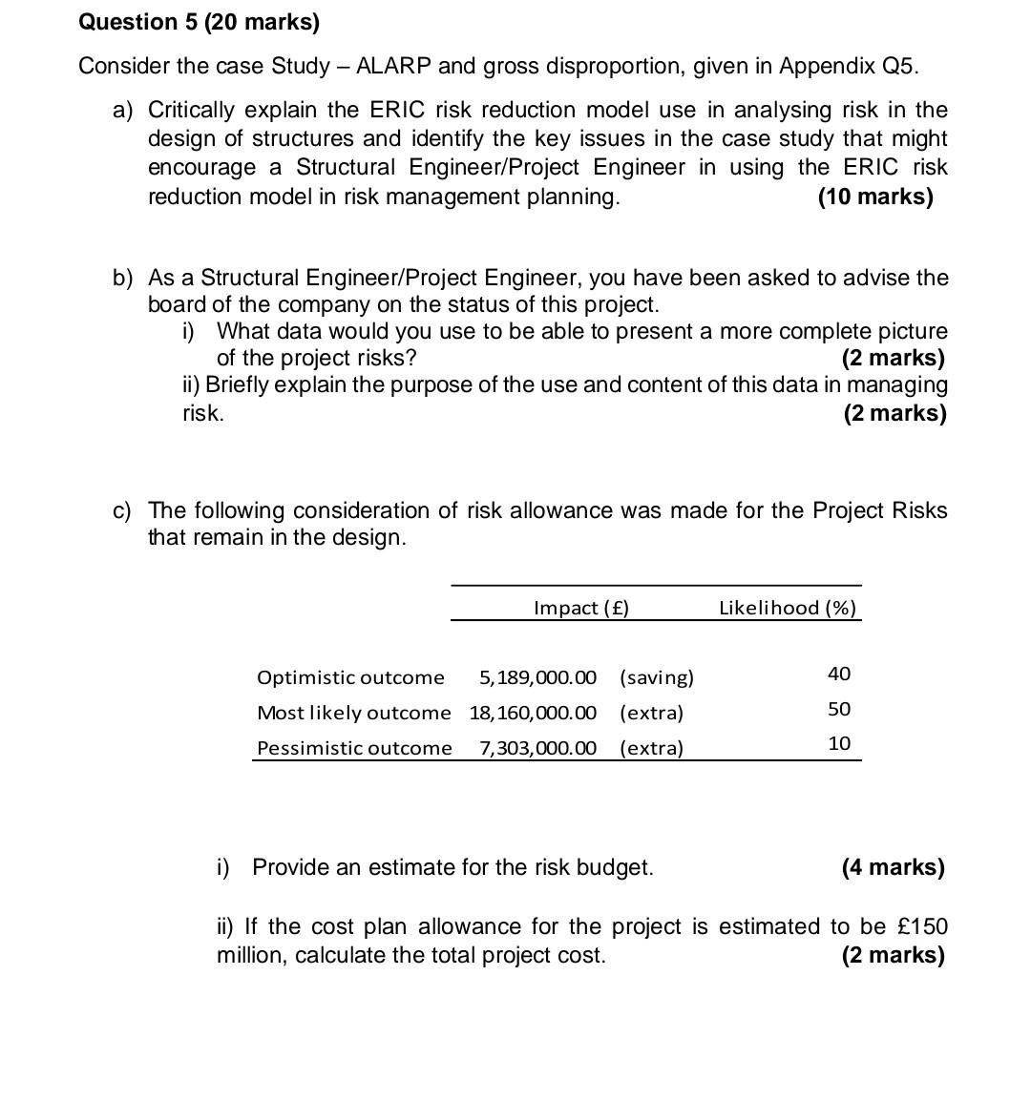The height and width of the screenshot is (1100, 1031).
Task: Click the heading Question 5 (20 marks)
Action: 199,22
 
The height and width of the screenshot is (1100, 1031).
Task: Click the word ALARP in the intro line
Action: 393,66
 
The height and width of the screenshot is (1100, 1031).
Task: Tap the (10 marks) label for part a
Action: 875,197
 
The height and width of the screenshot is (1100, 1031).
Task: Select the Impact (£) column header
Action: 581,608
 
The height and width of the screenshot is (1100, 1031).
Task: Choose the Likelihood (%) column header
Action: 787,608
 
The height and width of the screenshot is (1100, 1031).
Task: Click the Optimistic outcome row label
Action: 350,677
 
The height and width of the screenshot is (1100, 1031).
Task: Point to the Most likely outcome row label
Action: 353,713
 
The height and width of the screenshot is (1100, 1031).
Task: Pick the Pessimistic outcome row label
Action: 354,748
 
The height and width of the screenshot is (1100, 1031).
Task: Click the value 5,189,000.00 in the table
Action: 537,677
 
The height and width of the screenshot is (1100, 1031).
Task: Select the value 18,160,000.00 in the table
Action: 533,713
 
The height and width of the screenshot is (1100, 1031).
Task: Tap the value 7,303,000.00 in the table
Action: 537,748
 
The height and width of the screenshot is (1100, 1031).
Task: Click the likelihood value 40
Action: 839,675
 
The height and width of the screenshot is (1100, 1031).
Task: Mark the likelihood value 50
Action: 839,709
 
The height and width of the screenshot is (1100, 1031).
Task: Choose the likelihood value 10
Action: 839,743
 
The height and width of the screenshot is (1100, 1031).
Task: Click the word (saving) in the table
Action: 657,677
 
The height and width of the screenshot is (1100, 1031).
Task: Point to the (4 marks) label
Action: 893,867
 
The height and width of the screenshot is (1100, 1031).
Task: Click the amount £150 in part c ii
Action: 923,926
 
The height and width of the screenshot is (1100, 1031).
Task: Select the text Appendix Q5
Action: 850,66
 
